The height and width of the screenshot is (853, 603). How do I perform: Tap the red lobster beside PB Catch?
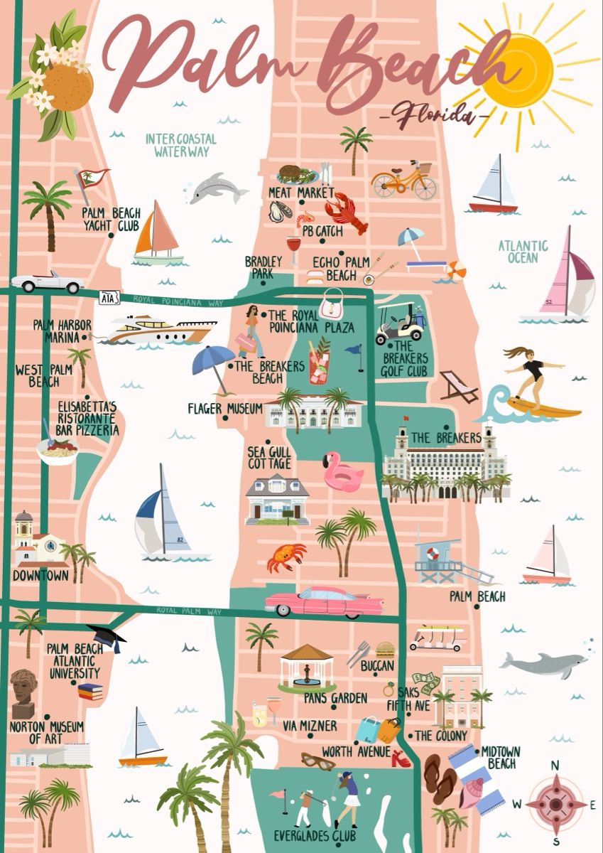coord(346,211)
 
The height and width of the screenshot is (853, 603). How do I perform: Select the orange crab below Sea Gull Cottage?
coord(286,556)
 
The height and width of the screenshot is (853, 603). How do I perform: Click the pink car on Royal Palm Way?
coord(324,601)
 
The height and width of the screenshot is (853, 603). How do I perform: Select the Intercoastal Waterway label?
coord(181,144)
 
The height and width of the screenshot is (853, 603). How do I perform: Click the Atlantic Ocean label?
coord(523,251)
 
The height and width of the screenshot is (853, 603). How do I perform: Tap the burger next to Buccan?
coord(385,649)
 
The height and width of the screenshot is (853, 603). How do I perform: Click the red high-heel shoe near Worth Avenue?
coord(401,758)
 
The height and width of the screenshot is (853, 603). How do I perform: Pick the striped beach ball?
coord(457,270)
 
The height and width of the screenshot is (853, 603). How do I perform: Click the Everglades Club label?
coord(315,836)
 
